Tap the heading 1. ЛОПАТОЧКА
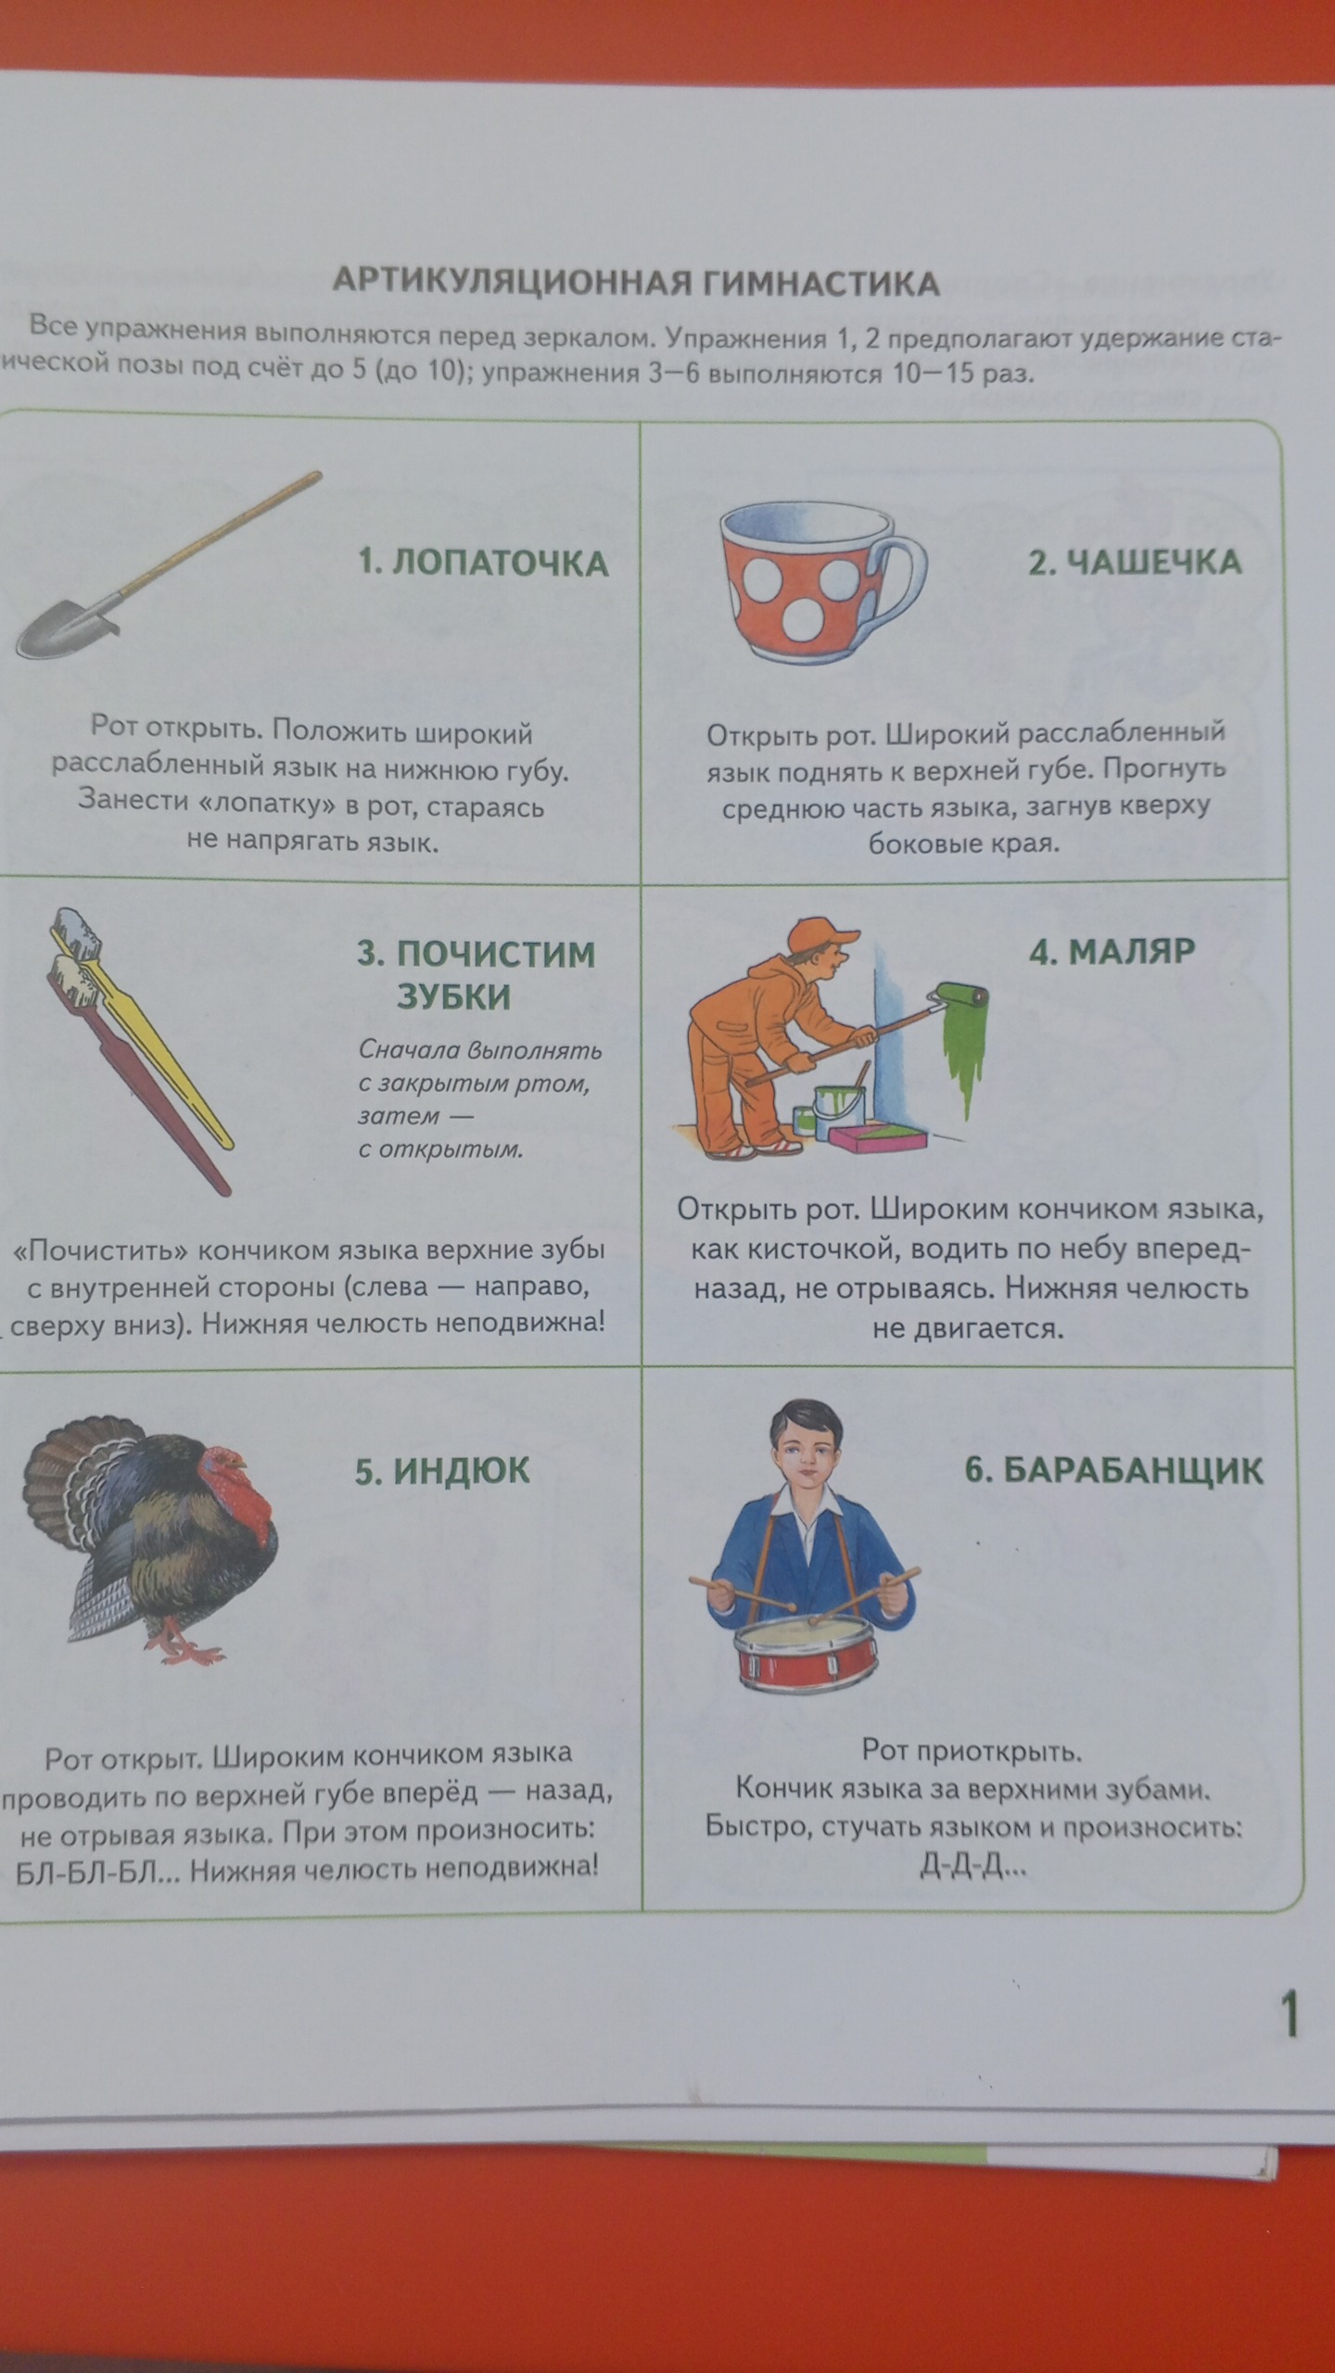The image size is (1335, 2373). point(483,563)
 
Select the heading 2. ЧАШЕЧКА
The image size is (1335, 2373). point(1134,562)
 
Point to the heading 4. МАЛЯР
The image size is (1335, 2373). point(1112,951)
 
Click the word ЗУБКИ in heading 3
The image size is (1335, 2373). point(454,996)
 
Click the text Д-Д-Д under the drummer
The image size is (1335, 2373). point(973,1865)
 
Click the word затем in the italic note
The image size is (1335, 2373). point(387,1116)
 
